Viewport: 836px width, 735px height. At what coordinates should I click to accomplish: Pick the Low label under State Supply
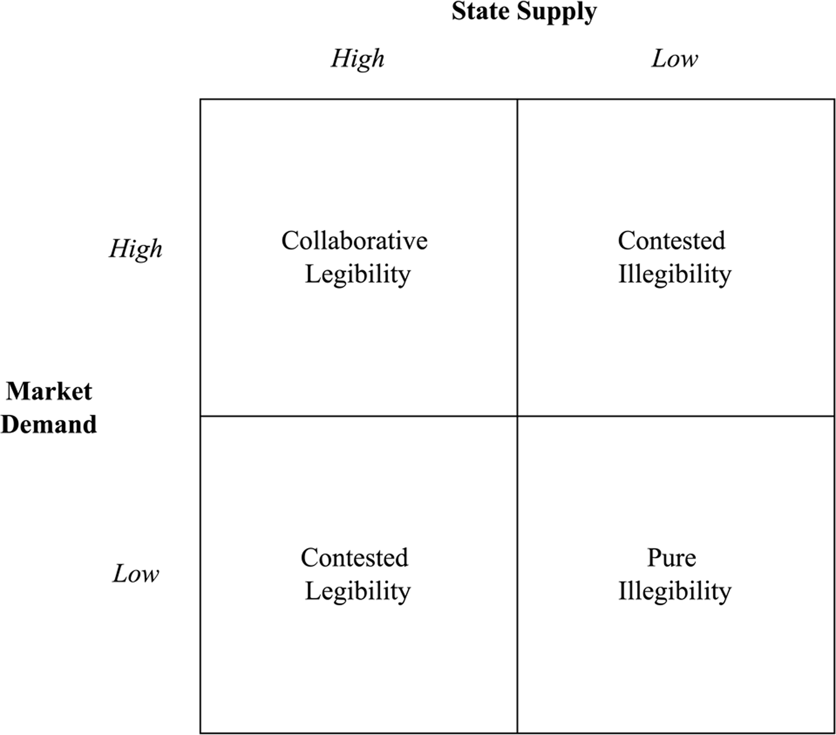click(x=674, y=59)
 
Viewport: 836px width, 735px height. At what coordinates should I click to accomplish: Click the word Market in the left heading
click(x=49, y=391)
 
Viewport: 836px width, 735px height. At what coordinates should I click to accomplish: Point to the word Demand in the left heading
click(x=49, y=424)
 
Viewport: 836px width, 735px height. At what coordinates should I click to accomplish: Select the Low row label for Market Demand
click(x=135, y=574)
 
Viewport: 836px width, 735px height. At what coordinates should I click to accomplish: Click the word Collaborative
click(x=354, y=241)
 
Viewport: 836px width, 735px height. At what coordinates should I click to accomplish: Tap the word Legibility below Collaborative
click(x=358, y=275)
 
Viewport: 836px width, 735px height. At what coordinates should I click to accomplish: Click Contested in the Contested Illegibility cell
click(x=671, y=241)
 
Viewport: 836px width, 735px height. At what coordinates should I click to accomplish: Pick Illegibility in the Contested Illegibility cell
click(x=674, y=275)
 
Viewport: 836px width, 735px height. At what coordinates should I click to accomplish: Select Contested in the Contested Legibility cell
click(x=354, y=558)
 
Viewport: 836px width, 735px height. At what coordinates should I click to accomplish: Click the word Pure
click(x=671, y=558)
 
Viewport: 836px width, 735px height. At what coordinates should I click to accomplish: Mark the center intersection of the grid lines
click(x=518, y=416)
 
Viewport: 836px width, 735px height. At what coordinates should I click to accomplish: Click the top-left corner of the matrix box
click(x=200, y=99)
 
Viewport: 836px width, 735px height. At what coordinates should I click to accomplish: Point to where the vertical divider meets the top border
click(x=518, y=99)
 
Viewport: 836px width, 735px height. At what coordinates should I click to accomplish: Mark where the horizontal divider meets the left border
click(x=200, y=416)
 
